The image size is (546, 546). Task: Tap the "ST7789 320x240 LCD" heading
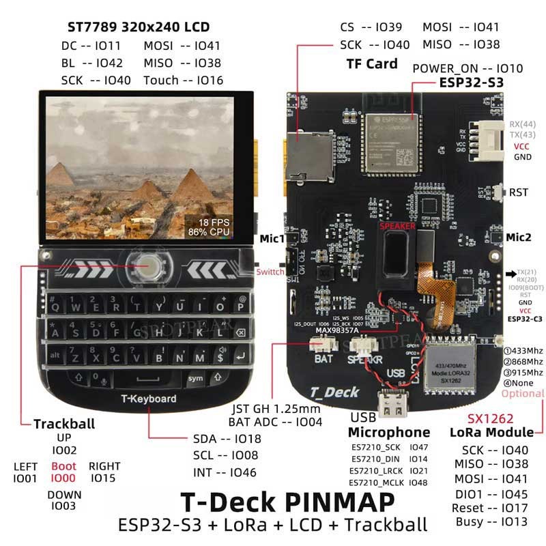pyautogui.click(x=139, y=27)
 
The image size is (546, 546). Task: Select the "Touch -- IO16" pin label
pyautogui.click(x=184, y=80)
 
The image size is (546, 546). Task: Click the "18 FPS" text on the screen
pyautogui.click(x=213, y=222)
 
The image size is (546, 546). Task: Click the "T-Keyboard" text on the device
pyautogui.click(x=148, y=399)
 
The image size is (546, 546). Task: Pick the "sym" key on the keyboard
pyautogui.click(x=196, y=377)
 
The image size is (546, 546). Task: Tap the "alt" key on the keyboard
pyautogui.click(x=54, y=356)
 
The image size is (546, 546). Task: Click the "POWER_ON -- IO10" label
pyautogui.click(x=468, y=68)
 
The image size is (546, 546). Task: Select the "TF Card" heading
pyautogui.click(x=372, y=63)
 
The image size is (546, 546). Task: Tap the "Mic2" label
pyautogui.click(x=519, y=238)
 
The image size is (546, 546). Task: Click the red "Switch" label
pyautogui.click(x=270, y=272)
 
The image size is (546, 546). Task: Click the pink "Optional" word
pyautogui.click(x=523, y=394)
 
